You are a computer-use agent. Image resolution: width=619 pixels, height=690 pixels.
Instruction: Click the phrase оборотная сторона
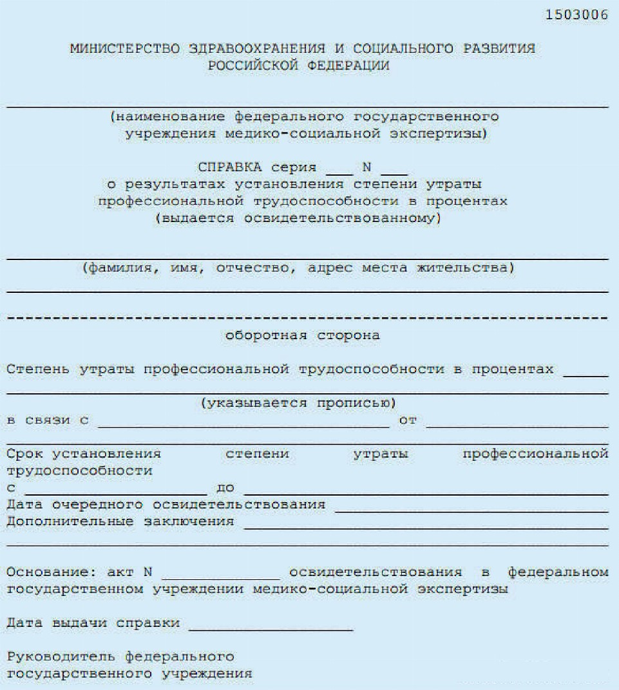point(302,335)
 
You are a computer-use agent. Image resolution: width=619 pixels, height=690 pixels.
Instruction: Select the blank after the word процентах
point(585,372)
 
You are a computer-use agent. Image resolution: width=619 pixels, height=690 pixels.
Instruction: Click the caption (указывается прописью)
point(297,404)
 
